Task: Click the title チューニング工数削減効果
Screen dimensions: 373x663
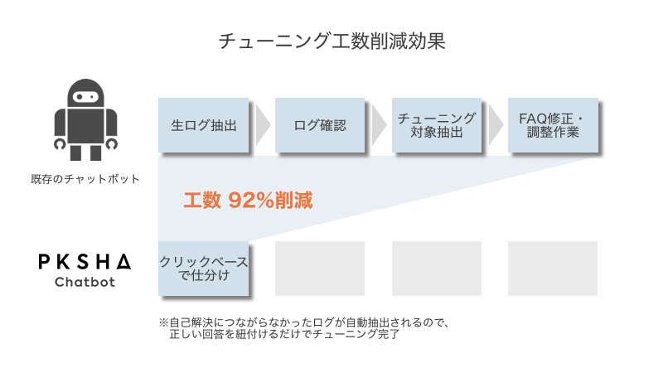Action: [x=331, y=41]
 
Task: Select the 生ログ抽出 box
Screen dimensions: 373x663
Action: [x=203, y=126]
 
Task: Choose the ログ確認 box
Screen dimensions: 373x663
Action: [x=319, y=126]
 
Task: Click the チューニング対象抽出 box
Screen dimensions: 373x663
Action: [x=436, y=126]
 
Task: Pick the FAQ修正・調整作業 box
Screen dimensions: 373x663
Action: [x=552, y=126]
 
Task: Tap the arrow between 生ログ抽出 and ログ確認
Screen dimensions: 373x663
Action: [x=262, y=126]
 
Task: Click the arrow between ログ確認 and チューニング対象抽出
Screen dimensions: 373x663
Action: [x=378, y=126]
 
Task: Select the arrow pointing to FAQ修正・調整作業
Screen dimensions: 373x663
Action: [x=495, y=126]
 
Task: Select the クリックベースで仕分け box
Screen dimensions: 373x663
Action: [x=203, y=269]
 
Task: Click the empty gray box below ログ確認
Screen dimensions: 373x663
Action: [x=319, y=269]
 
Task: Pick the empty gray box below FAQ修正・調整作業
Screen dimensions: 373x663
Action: [x=552, y=269]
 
